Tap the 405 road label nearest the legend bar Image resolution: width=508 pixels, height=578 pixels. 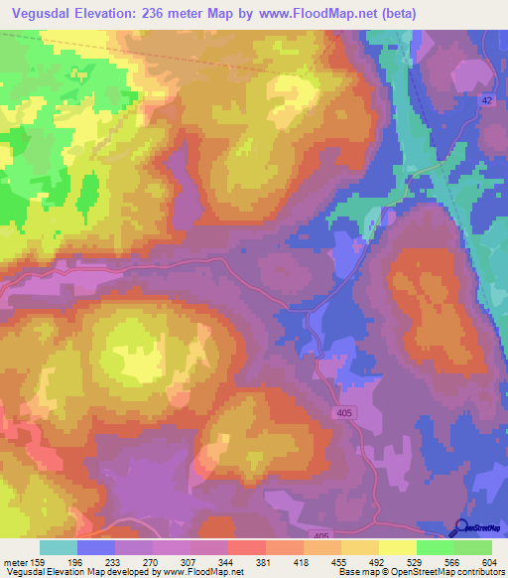[x=331, y=535]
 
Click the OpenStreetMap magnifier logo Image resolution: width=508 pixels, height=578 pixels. [x=462, y=528]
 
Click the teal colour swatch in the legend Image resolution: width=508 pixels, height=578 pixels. [x=59, y=547]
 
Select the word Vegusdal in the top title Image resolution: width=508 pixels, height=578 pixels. [x=42, y=13]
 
